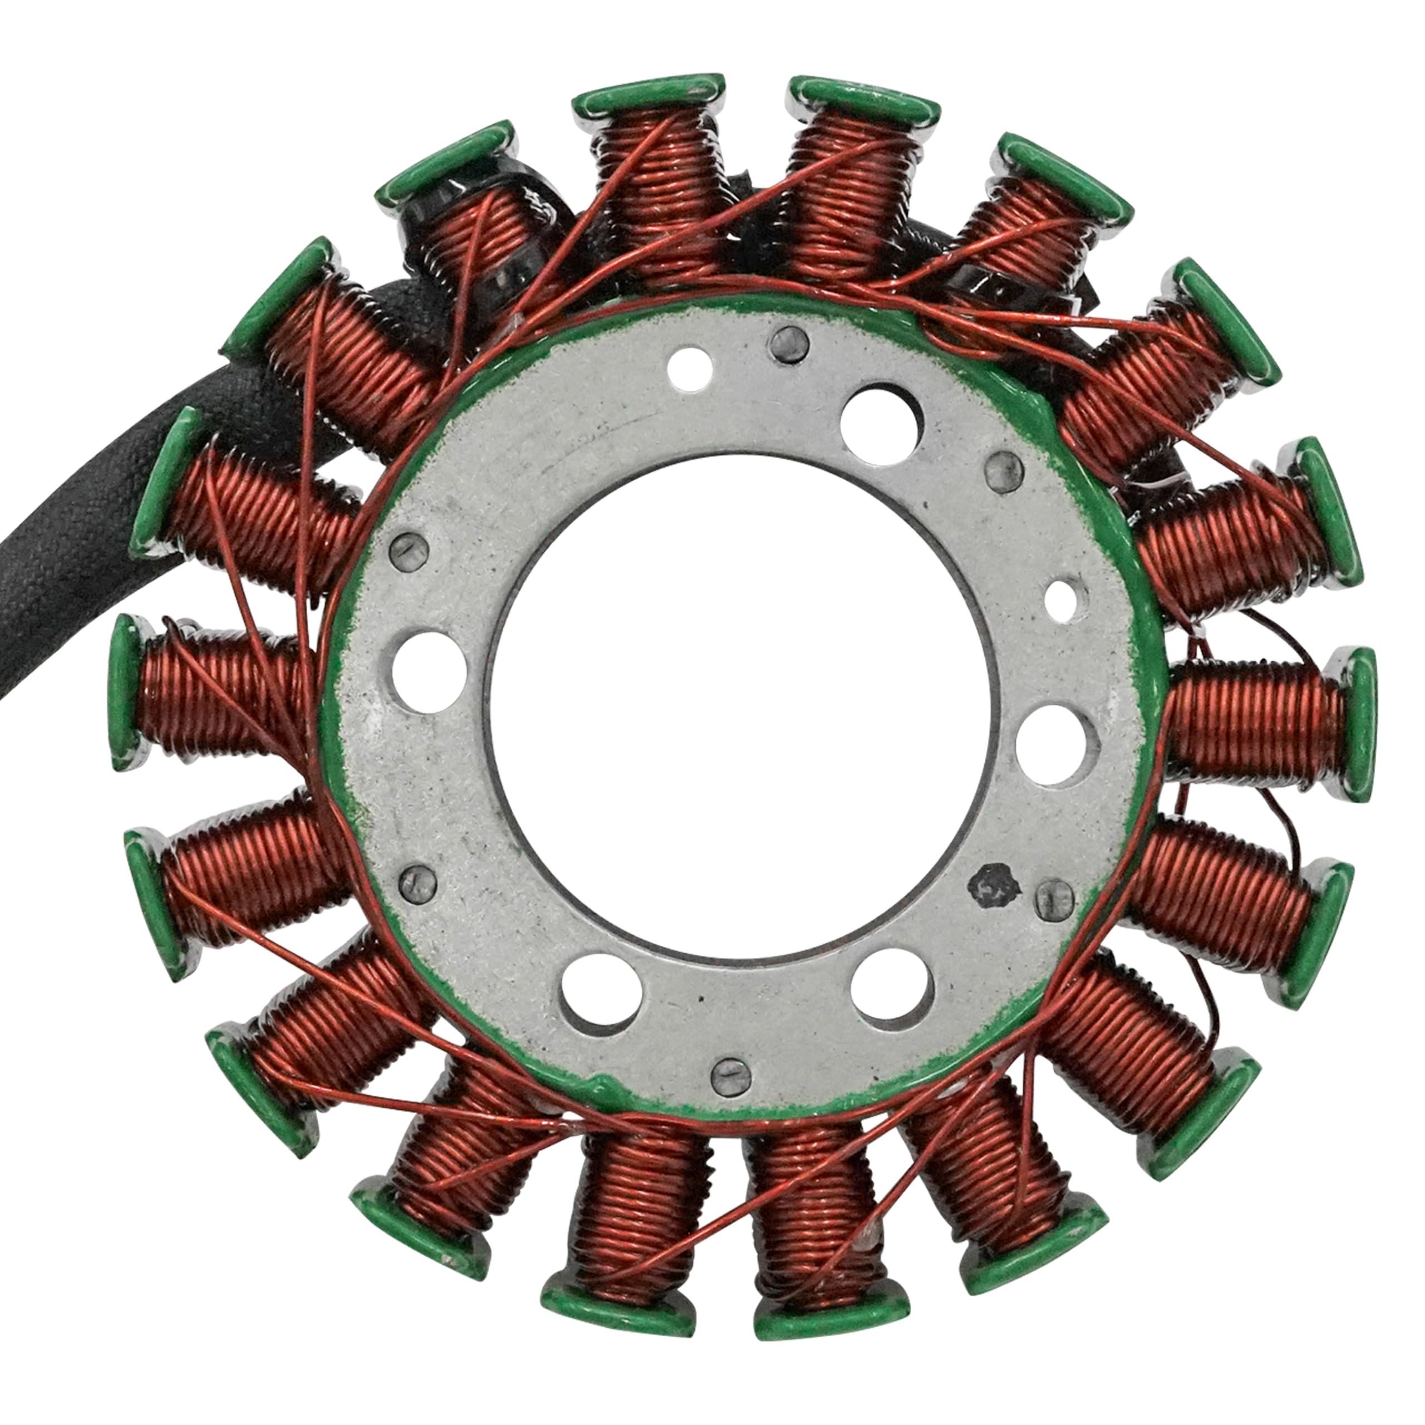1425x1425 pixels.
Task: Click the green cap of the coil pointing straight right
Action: pyautogui.click(x=1353, y=724)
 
